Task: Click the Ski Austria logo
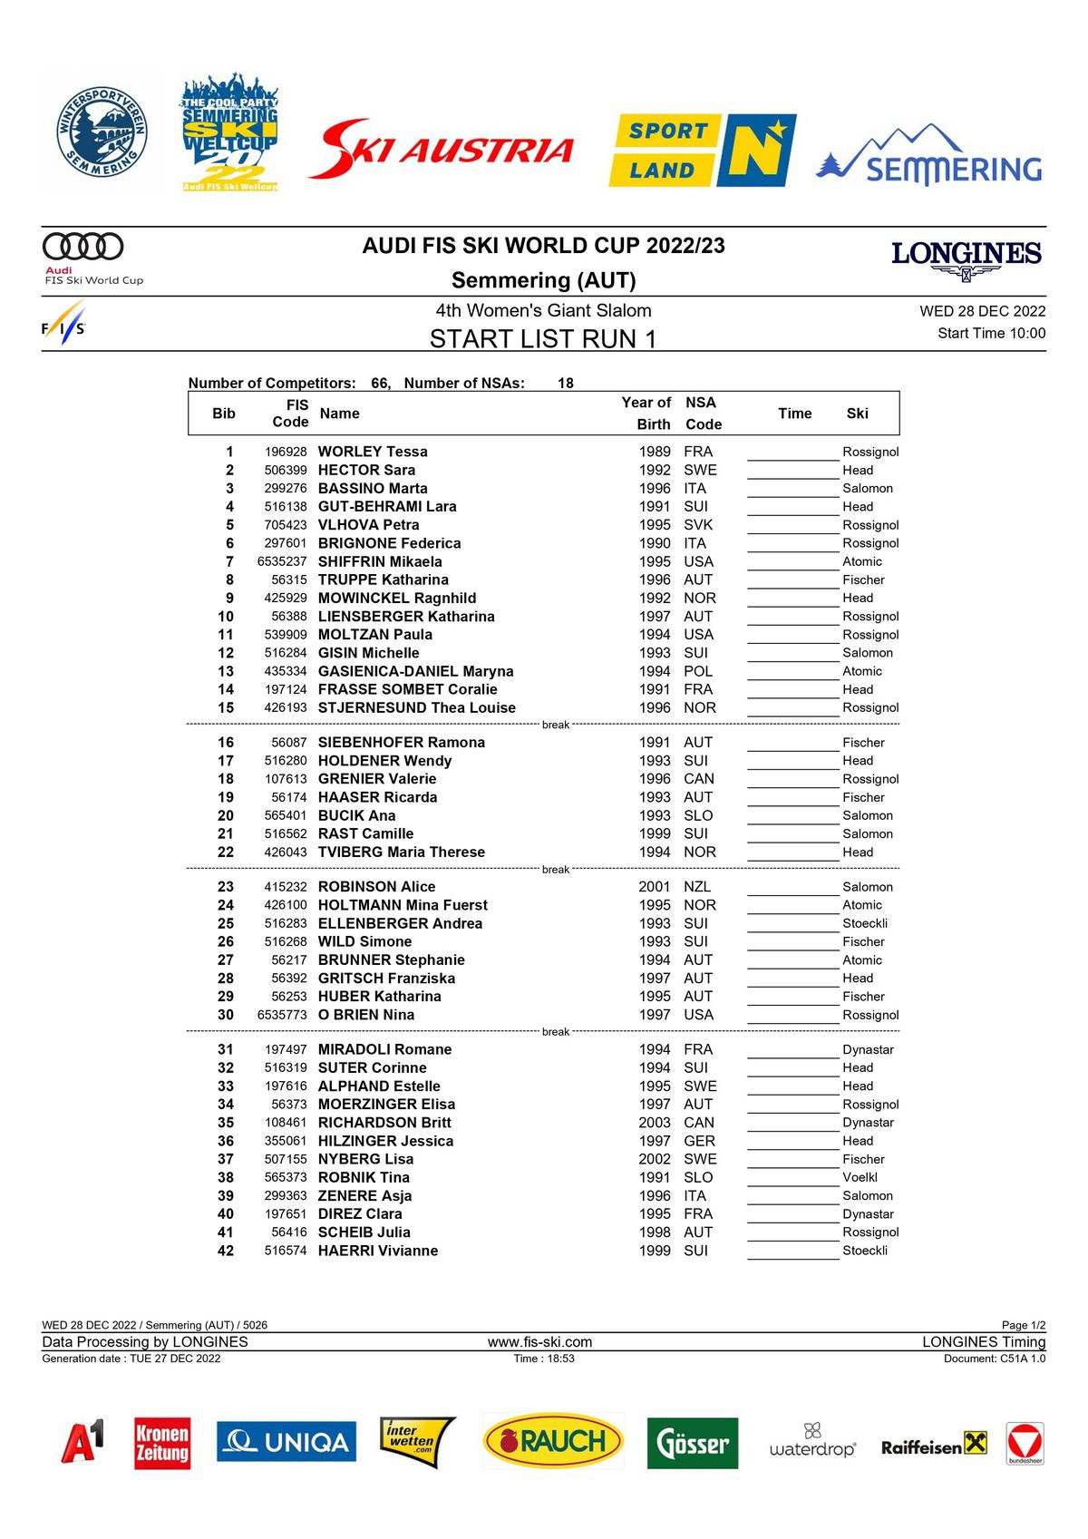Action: click(x=442, y=149)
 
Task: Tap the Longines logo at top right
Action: click(x=967, y=259)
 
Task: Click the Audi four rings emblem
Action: click(x=83, y=246)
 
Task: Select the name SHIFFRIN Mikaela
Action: click(x=380, y=561)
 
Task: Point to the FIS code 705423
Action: click(x=286, y=525)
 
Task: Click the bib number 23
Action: click(x=226, y=887)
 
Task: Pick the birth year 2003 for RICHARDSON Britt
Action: click(x=655, y=1123)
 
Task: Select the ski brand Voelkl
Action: click(x=860, y=1177)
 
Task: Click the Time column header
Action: click(x=794, y=414)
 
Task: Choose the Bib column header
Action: click(x=224, y=414)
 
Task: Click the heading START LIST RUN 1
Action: click(x=542, y=339)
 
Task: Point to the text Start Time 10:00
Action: click(x=991, y=333)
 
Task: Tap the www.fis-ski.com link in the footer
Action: click(x=539, y=1342)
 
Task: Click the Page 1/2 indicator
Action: click(x=1023, y=1325)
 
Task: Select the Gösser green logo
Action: click(x=693, y=1443)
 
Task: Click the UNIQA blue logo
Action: click(x=287, y=1442)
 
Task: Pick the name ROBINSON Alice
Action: click(x=376, y=887)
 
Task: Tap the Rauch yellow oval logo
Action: click(x=553, y=1441)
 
